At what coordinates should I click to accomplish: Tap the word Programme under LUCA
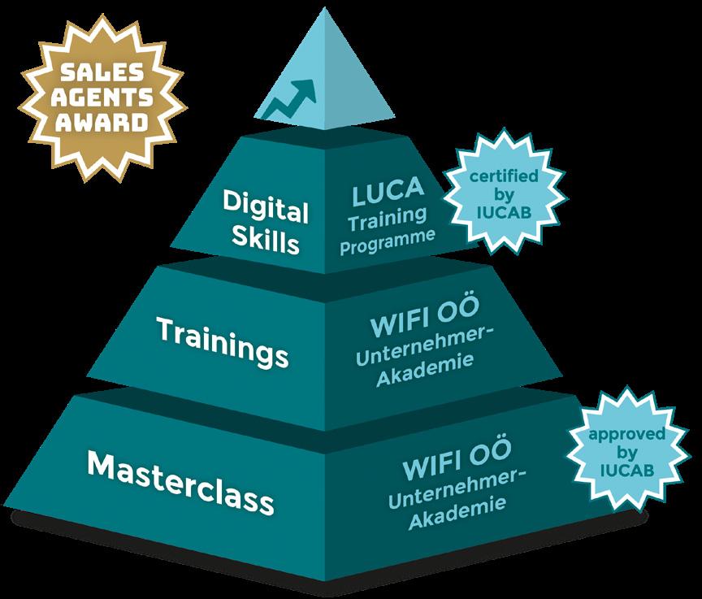click(388, 241)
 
